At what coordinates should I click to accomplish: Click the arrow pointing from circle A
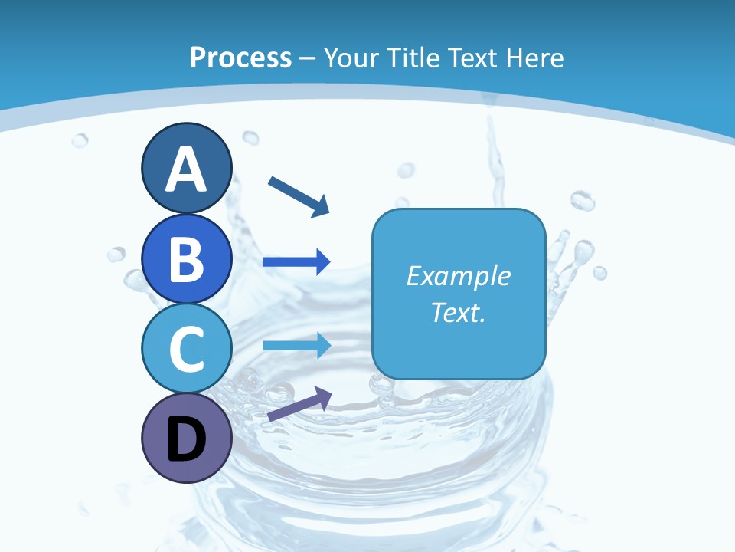tap(299, 195)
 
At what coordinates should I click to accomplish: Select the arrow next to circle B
tap(296, 262)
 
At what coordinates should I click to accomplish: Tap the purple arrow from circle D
tap(299, 404)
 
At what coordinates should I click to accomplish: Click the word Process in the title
tap(240, 58)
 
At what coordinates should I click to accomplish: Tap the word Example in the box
tap(458, 276)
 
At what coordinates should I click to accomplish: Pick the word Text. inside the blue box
tap(458, 313)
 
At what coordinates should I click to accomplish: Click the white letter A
tap(186, 169)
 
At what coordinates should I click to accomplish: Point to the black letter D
tap(186, 440)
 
